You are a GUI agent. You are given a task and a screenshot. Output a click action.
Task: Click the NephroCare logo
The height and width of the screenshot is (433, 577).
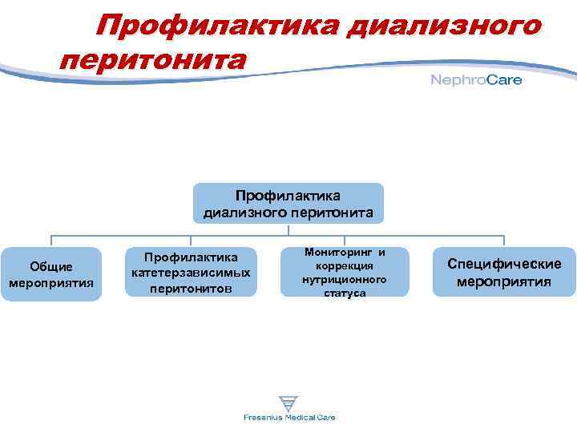pos(476,79)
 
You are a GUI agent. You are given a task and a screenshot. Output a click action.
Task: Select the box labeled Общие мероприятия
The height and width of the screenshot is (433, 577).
pos(51,274)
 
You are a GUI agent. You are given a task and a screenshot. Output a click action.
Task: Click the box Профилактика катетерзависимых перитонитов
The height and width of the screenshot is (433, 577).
pos(191,273)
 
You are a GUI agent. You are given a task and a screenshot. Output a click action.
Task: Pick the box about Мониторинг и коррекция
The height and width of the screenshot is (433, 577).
pos(345,273)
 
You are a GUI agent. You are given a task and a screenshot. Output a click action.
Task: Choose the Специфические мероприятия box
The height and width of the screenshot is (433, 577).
pos(504,273)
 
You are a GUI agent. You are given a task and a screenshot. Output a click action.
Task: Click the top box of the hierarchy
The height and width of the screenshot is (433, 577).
pos(288,203)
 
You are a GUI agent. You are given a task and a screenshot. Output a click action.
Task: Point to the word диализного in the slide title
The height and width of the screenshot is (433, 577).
pos(444,26)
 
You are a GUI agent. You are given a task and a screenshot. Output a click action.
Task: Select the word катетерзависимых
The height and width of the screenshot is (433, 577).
pos(191,273)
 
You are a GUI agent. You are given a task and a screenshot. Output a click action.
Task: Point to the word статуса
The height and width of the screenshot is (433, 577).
pos(345,293)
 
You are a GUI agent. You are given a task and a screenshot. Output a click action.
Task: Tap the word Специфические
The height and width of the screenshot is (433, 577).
pos(504,264)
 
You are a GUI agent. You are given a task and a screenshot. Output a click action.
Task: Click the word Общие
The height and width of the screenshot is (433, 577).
pos(51,266)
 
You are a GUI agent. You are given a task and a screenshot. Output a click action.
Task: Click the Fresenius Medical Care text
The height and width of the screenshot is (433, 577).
pos(289,418)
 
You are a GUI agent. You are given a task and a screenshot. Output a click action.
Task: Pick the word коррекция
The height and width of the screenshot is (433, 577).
pos(345,265)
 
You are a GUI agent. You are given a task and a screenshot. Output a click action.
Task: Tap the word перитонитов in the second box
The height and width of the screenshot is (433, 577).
pos(191,288)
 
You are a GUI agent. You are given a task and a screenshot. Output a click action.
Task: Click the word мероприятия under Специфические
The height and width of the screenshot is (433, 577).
pos(504,281)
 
